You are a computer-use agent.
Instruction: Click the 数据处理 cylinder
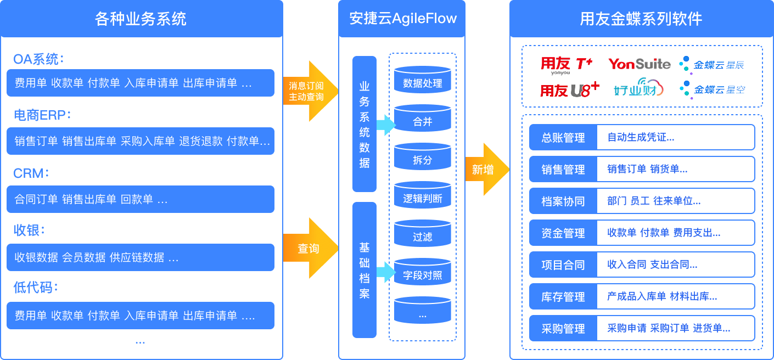click(x=423, y=81)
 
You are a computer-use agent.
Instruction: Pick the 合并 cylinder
click(x=423, y=120)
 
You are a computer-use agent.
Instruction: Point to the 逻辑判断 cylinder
click(x=423, y=196)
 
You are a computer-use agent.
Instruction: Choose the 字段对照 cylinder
click(x=423, y=273)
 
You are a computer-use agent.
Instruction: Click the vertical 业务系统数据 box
click(x=364, y=124)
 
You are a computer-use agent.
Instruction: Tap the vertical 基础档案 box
click(x=364, y=270)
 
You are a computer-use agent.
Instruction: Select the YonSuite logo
click(x=639, y=64)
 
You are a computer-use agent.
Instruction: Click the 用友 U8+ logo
click(x=569, y=89)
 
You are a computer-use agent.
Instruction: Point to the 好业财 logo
click(x=638, y=89)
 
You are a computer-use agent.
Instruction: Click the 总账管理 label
click(x=563, y=138)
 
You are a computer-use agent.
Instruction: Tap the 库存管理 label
click(x=563, y=297)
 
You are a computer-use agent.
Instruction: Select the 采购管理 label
click(x=563, y=329)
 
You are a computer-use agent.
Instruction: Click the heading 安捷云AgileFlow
click(x=403, y=19)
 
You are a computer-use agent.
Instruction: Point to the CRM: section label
click(x=31, y=173)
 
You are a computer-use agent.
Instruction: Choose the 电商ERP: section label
click(x=42, y=115)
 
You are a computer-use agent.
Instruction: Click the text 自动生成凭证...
click(x=641, y=138)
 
